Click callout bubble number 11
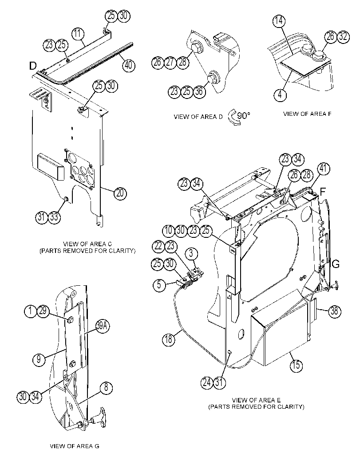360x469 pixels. coord(78,34)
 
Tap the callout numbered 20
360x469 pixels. coord(120,193)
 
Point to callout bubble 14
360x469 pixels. coord(279,21)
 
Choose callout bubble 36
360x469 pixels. coord(199,91)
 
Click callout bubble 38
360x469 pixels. coord(334,311)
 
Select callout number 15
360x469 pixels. coord(296,365)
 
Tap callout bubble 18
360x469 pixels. coord(169,339)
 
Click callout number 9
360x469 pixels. coord(39,359)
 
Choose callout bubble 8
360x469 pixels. coord(106,388)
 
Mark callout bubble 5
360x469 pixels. coord(159,284)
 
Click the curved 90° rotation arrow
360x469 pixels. coord(234,117)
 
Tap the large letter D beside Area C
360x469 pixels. coord(33,66)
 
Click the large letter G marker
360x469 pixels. coord(336,264)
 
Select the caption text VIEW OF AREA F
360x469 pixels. coord(307,114)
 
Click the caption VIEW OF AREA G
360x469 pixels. coord(75,446)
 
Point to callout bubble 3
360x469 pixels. coord(191,254)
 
